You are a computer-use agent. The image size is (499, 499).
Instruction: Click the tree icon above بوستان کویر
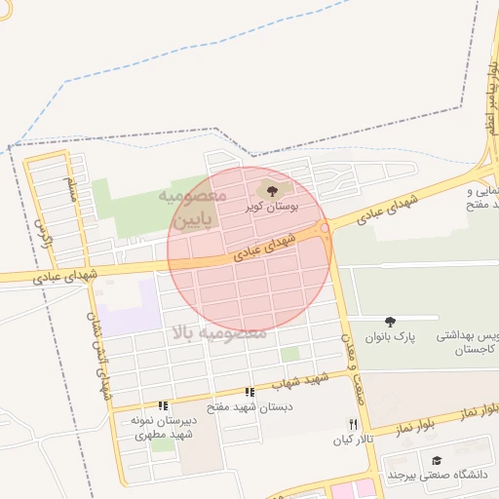point(271,190)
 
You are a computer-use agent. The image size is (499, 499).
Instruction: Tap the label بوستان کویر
point(271,208)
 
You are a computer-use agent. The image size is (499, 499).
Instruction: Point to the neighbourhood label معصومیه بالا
point(218,333)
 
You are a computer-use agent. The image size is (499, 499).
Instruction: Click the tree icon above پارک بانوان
point(391,322)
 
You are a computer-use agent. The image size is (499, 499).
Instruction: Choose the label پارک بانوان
point(391,337)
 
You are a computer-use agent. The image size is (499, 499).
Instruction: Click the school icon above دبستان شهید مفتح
point(250,392)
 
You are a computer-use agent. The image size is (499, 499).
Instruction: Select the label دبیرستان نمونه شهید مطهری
point(163,427)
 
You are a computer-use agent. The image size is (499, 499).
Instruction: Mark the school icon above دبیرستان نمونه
point(163,405)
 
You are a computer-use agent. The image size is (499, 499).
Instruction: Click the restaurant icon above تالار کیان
point(353,425)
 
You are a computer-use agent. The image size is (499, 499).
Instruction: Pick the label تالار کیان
point(354,441)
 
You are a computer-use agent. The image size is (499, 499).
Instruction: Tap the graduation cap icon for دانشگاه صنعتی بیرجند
point(437,460)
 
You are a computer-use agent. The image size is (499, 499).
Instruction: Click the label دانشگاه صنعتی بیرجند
point(441,475)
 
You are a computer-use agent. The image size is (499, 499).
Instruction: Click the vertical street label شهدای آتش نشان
point(99,351)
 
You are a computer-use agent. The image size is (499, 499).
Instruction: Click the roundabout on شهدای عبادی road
point(325,227)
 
